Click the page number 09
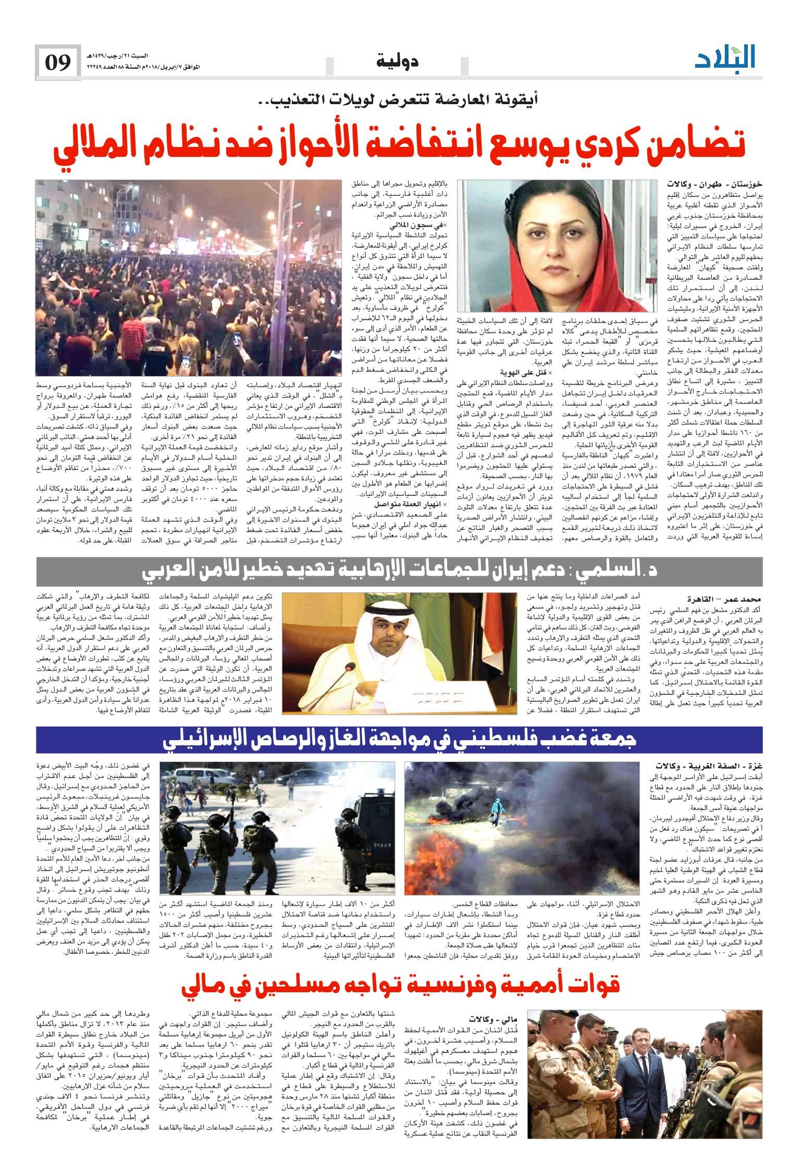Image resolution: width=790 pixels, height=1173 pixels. click(57, 62)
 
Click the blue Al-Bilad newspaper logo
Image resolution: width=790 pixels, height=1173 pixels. click(725, 58)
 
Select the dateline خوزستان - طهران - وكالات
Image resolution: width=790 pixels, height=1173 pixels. click(714, 184)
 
